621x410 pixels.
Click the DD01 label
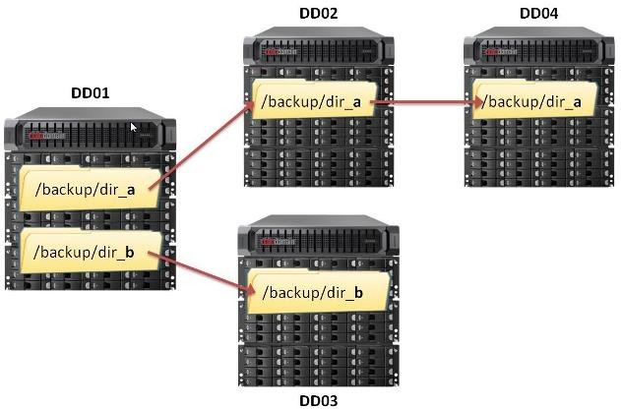tap(90, 93)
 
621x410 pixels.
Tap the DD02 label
tap(319, 14)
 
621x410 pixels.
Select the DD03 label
tap(319, 400)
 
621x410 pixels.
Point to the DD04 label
tap(538, 14)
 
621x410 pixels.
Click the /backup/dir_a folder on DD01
tap(90, 189)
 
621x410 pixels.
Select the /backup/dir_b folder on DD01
tap(91, 251)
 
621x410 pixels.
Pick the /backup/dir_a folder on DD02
tap(314, 99)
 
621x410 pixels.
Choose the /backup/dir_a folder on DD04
tap(534, 99)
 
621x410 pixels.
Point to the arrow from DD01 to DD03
tap(202, 273)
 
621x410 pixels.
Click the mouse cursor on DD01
tap(134, 127)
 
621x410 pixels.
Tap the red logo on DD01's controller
tap(36, 136)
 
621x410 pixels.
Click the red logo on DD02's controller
tap(272, 52)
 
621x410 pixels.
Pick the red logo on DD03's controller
tap(268, 241)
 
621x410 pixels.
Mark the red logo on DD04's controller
tap(492, 52)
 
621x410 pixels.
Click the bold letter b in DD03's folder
tap(358, 292)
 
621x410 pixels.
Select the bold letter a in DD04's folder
tap(577, 103)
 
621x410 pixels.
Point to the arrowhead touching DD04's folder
tap(478, 102)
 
